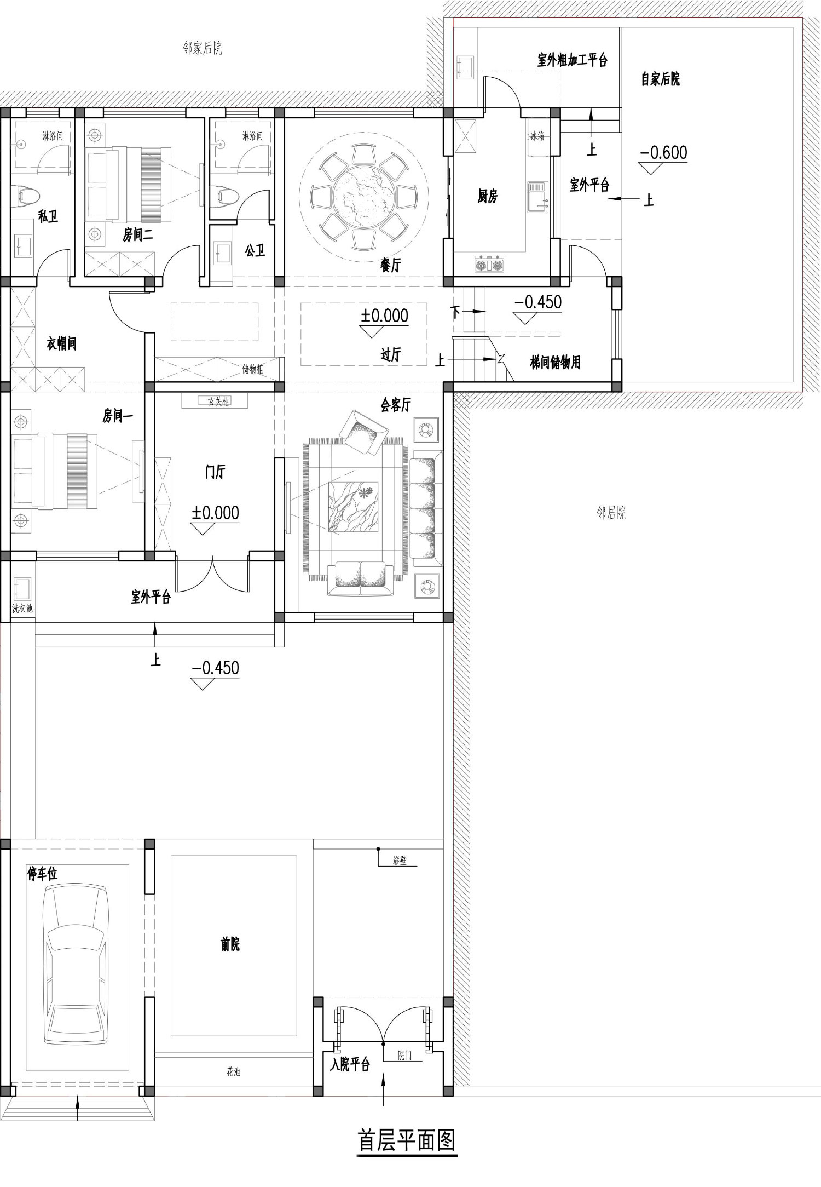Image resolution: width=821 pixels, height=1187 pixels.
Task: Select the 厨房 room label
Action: [x=487, y=196]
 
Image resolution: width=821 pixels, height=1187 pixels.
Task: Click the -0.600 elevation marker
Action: [x=663, y=153]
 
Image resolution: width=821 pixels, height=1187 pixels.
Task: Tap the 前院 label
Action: [x=230, y=944]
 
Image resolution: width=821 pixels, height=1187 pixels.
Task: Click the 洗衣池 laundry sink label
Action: [x=22, y=608]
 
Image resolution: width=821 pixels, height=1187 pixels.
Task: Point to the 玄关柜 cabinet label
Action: [x=218, y=402]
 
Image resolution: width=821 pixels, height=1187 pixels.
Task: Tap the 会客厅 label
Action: [x=396, y=405]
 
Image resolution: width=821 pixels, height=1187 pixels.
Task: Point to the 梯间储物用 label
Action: [x=555, y=362]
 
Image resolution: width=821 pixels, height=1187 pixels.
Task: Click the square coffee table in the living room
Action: [x=353, y=507]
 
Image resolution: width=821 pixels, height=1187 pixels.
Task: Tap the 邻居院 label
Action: [x=611, y=513]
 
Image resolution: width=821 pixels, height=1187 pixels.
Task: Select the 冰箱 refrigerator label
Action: [x=537, y=136]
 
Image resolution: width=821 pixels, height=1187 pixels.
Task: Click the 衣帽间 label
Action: [x=61, y=344]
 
